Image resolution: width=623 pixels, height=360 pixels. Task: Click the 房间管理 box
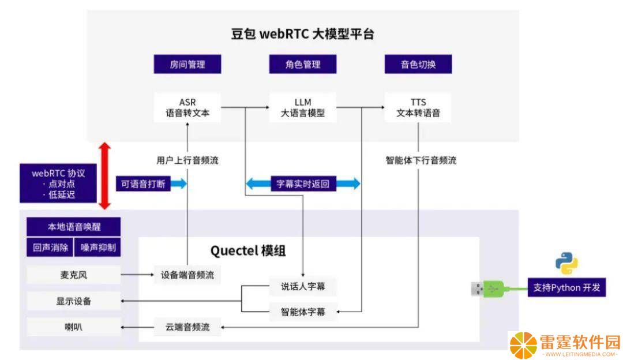pos(187,64)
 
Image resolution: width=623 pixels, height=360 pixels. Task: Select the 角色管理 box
pos(303,64)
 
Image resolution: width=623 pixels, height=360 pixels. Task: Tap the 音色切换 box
pos(418,64)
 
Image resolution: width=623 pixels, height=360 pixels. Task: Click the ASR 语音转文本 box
pos(187,108)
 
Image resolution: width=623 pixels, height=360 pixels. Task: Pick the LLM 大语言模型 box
pos(303,108)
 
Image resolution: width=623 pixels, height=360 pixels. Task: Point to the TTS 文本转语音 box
pos(418,108)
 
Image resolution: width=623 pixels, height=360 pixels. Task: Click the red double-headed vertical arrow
pos(104,175)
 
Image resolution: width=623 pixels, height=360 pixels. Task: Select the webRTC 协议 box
pos(58,183)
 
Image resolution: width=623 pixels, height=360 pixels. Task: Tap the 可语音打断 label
pos(143,183)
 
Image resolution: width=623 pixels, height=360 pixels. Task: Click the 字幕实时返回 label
pos(303,183)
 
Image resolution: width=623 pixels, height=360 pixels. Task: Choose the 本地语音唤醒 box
pos(73,227)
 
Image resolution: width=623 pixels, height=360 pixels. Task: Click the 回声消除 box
pos(50,247)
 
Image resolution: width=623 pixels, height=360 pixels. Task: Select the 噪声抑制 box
pos(97,247)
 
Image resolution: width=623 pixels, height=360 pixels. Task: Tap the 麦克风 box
pos(73,275)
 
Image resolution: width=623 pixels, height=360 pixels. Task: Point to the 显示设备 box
pos(73,301)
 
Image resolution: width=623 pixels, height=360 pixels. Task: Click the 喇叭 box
pos(73,327)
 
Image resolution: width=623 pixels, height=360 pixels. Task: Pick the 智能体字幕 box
pos(303,312)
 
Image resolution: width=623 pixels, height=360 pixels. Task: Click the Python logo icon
pos(566,263)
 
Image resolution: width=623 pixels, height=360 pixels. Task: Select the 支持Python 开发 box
pos(566,287)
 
